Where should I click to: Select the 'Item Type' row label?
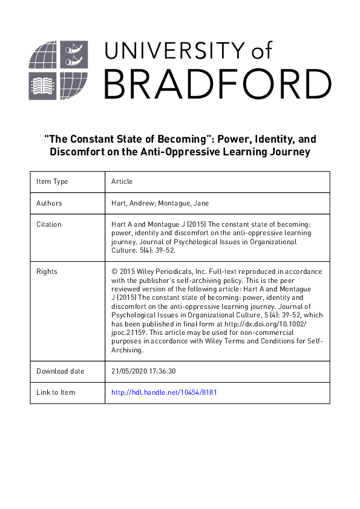pyautogui.click(x=52, y=181)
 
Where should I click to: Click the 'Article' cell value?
pyautogui.click(x=122, y=181)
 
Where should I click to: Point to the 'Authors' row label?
pyautogui.click(x=49, y=203)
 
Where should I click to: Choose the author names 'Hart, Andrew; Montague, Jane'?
pyautogui.click(x=160, y=203)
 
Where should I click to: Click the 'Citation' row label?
pyautogui.click(x=49, y=224)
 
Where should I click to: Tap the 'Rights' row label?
pyautogui.click(x=47, y=271)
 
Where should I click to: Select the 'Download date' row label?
pyautogui.click(x=60, y=371)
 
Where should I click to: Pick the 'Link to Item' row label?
pyautogui.click(x=56, y=392)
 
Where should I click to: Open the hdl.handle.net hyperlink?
pyautogui.click(x=164, y=392)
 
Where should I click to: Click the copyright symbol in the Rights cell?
pyautogui.click(x=114, y=271)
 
